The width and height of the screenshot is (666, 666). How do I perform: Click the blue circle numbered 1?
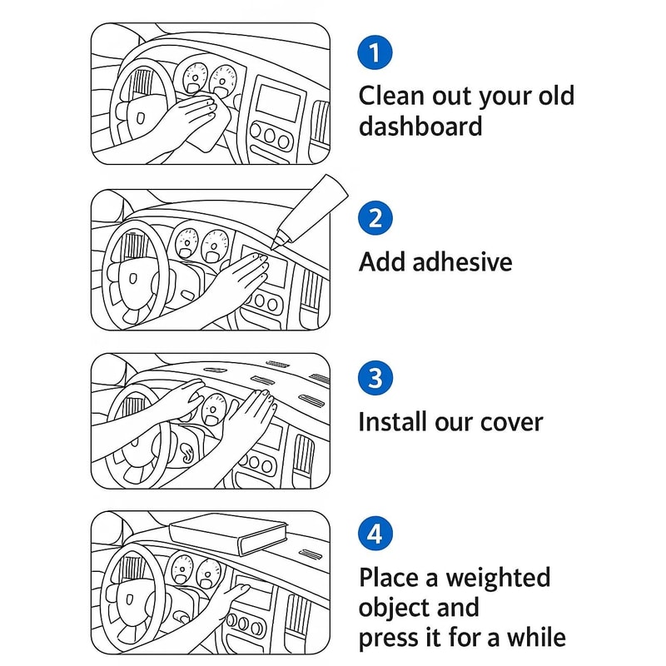click(x=375, y=52)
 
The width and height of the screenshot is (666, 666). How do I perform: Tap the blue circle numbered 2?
click(x=375, y=218)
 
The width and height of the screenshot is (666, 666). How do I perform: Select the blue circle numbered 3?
click(x=375, y=378)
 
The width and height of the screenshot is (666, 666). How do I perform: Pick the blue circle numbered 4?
click(x=375, y=533)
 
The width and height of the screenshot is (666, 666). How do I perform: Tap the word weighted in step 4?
click(x=497, y=578)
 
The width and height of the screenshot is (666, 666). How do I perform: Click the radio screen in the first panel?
click(x=277, y=102)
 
